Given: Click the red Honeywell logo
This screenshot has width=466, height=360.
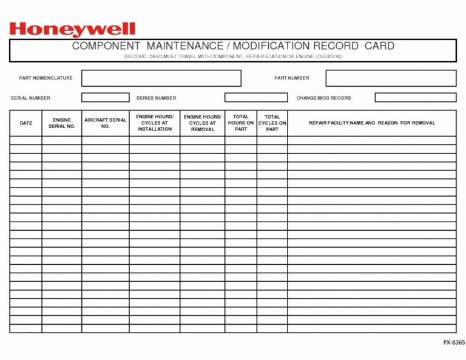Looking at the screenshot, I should click(x=72, y=29).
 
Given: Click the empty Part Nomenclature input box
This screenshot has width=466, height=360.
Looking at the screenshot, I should click(x=161, y=78).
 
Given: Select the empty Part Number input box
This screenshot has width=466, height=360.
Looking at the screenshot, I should click(x=391, y=78).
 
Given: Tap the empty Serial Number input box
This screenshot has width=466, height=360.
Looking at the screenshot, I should click(x=106, y=98).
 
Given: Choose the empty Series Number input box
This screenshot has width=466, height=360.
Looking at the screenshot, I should click(x=256, y=98).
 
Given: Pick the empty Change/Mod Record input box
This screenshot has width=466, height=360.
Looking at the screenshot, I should click(x=415, y=98).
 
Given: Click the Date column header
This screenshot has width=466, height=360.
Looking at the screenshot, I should click(x=26, y=123).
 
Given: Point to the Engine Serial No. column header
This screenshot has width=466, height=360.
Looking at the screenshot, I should click(x=62, y=123).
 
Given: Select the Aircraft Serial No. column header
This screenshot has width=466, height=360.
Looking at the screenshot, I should click(x=106, y=123).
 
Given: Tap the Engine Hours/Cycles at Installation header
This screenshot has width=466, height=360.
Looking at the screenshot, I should click(x=155, y=123).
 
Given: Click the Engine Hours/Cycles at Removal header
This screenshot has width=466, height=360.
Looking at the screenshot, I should click(x=203, y=123).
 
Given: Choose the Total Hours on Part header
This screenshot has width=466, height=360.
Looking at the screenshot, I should click(x=241, y=123).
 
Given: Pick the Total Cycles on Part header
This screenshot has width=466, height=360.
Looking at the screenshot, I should click(x=272, y=123).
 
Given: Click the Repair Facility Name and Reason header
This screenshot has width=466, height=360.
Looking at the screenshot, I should click(x=372, y=123).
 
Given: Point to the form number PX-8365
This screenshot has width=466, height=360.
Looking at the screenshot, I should click(x=454, y=342).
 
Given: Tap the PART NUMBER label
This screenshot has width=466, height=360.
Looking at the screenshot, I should click(x=291, y=78).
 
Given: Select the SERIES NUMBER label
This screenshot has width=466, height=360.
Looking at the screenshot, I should click(x=156, y=98).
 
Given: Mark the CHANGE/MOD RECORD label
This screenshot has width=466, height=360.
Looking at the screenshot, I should click(x=323, y=98).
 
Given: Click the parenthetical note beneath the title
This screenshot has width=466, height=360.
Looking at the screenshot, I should click(x=233, y=56).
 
